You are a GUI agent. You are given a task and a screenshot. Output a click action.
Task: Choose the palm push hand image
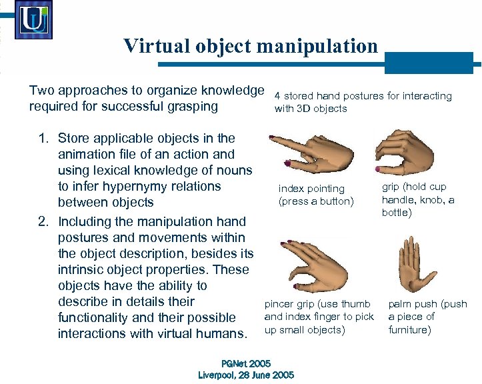point(416,263)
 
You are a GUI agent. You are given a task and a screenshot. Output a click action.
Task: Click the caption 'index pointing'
point(311,189)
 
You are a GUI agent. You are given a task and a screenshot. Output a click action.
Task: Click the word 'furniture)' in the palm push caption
point(409,330)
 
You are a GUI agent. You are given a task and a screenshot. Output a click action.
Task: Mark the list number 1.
point(43,139)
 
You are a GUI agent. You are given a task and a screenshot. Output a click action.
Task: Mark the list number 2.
point(43,221)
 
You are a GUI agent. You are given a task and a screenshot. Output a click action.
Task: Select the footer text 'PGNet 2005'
point(245,363)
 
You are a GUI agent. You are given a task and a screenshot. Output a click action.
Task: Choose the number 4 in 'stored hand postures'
point(277,96)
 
